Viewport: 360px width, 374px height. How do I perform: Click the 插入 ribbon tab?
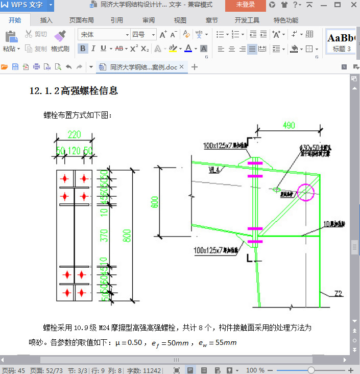tap(46, 20)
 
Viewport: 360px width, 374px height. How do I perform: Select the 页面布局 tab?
tap(82, 20)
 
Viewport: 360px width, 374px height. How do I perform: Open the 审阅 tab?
tap(149, 20)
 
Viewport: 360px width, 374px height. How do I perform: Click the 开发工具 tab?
tap(247, 20)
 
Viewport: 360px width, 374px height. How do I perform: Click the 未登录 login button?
tap(246, 5)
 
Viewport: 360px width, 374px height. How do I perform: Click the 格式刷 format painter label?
tap(60, 49)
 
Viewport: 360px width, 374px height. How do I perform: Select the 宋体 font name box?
tap(102, 34)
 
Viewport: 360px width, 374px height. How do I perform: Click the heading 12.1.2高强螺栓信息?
tap(74, 91)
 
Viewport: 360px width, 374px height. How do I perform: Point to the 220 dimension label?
tap(75, 135)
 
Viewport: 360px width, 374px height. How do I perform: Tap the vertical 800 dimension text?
tap(128, 235)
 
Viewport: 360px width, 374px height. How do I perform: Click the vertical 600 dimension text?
tap(154, 203)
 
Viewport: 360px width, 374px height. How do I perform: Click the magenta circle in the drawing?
tap(306, 192)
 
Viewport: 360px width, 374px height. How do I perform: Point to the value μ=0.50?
tap(128, 342)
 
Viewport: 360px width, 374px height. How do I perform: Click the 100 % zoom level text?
tap(255, 370)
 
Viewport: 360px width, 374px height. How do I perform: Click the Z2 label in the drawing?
tap(338, 293)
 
